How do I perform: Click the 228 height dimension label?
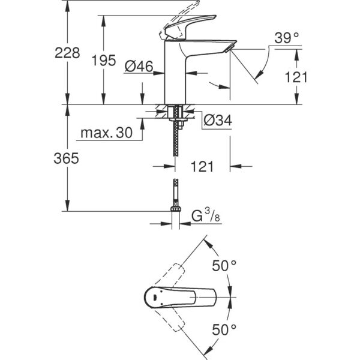tap(68, 53)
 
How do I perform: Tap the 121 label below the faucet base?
tap(203, 167)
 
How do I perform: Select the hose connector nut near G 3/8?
tap(176, 208)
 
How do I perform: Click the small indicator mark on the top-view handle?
tap(155, 296)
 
